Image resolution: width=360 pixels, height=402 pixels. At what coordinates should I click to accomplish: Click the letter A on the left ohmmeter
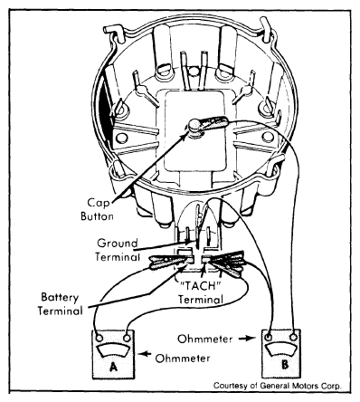tap(113, 367)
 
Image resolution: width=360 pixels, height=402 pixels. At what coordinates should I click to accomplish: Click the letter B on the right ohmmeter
tap(285, 365)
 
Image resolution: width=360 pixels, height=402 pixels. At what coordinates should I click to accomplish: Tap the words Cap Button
tap(97, 209)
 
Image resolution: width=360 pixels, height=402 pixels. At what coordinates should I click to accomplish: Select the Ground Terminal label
tap(118, 250)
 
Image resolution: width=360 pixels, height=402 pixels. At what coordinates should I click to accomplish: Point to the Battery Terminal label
tap(60, 304)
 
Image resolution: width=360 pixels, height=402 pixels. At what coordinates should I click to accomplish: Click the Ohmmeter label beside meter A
tap(183, 359)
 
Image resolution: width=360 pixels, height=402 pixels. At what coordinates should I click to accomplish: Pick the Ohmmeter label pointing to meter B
tap(205, 339)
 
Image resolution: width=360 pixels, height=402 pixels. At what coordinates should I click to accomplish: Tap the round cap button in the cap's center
tap(194, 127)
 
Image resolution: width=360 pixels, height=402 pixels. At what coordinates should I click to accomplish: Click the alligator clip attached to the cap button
tap(213, 123)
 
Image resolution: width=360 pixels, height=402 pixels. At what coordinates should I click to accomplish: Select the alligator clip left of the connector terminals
tap(171, 262)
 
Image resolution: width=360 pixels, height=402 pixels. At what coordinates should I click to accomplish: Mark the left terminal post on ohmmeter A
tap(99, 337)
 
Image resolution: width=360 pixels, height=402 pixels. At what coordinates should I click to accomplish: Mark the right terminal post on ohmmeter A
tap(128, 337)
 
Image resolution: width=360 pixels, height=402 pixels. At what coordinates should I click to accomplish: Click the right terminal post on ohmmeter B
tap(294, 337)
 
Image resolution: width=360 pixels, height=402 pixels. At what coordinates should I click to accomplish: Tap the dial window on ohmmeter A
tap(113, 351)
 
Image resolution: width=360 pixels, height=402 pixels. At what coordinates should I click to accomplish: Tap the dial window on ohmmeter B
tap(281, 349)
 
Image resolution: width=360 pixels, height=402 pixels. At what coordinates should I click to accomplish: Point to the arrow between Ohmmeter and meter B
tap(247, 339)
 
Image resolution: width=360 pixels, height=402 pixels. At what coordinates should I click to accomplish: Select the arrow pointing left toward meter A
tap(146, 354)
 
